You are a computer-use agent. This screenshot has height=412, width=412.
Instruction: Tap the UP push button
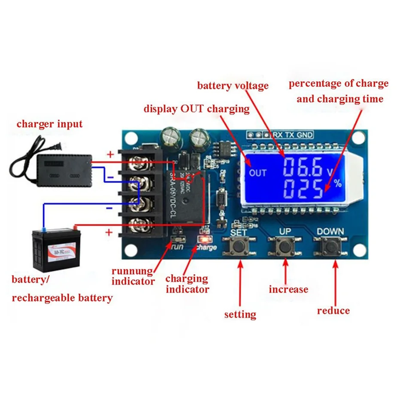[x=284, y=247]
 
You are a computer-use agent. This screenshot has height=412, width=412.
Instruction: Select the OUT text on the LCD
[x=257, y=173]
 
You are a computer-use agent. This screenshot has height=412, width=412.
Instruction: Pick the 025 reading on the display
[x=303, y=189]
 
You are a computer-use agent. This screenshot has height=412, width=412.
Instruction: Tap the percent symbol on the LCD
[x=338, y=184]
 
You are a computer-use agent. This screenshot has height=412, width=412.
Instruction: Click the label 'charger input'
[x=49, y=124]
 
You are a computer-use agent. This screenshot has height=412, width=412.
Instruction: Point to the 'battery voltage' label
[x=233, y=85]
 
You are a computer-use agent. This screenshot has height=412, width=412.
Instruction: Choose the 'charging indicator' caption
[x=187, y=284]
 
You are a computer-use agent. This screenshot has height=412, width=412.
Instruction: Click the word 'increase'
[x=288, y=290]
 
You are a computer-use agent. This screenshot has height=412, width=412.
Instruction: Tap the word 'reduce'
[x=333, y=311]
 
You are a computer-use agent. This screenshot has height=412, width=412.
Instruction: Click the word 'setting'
[x=240, y=315]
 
